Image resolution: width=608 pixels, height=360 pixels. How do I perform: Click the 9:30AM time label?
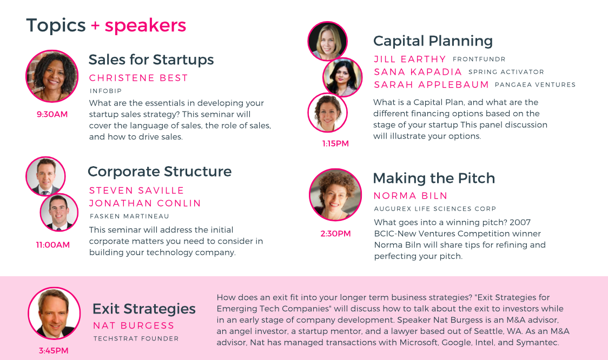[x=52, y=114]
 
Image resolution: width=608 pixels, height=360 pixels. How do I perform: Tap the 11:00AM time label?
[x=52, y=245]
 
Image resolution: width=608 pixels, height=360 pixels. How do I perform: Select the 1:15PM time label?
[x=335, y=143]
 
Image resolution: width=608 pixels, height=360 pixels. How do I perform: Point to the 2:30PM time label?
[x=335, y=233]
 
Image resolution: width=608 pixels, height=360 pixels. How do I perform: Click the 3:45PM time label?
[x=54, y=351]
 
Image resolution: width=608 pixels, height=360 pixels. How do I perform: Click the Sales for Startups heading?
[x=151, y=60]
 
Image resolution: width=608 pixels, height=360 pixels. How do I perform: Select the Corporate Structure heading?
[x=160, y=172]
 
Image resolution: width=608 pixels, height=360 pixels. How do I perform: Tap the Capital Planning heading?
[x=433, y=41]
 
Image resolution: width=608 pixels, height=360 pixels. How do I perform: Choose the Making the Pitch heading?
[x=434, y=178]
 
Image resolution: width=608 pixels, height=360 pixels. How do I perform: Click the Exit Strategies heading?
[x=144, y=309]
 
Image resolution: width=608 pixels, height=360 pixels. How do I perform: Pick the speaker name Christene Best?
[x=138, y=78]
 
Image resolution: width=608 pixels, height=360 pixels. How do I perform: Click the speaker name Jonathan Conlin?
[x=145, y=203]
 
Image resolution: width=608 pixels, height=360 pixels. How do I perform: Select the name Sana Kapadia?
[x=418, y=72]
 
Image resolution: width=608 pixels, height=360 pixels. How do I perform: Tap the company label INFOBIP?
[x=105, y=91]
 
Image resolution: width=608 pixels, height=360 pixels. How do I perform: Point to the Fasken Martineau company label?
[x=129, y=216]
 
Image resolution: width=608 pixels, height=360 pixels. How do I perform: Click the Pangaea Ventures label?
[x=535, y=84]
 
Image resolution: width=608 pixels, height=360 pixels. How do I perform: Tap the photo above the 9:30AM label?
[x=52, y=76]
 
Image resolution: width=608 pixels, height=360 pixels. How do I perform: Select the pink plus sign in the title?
[x=95, y=26]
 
